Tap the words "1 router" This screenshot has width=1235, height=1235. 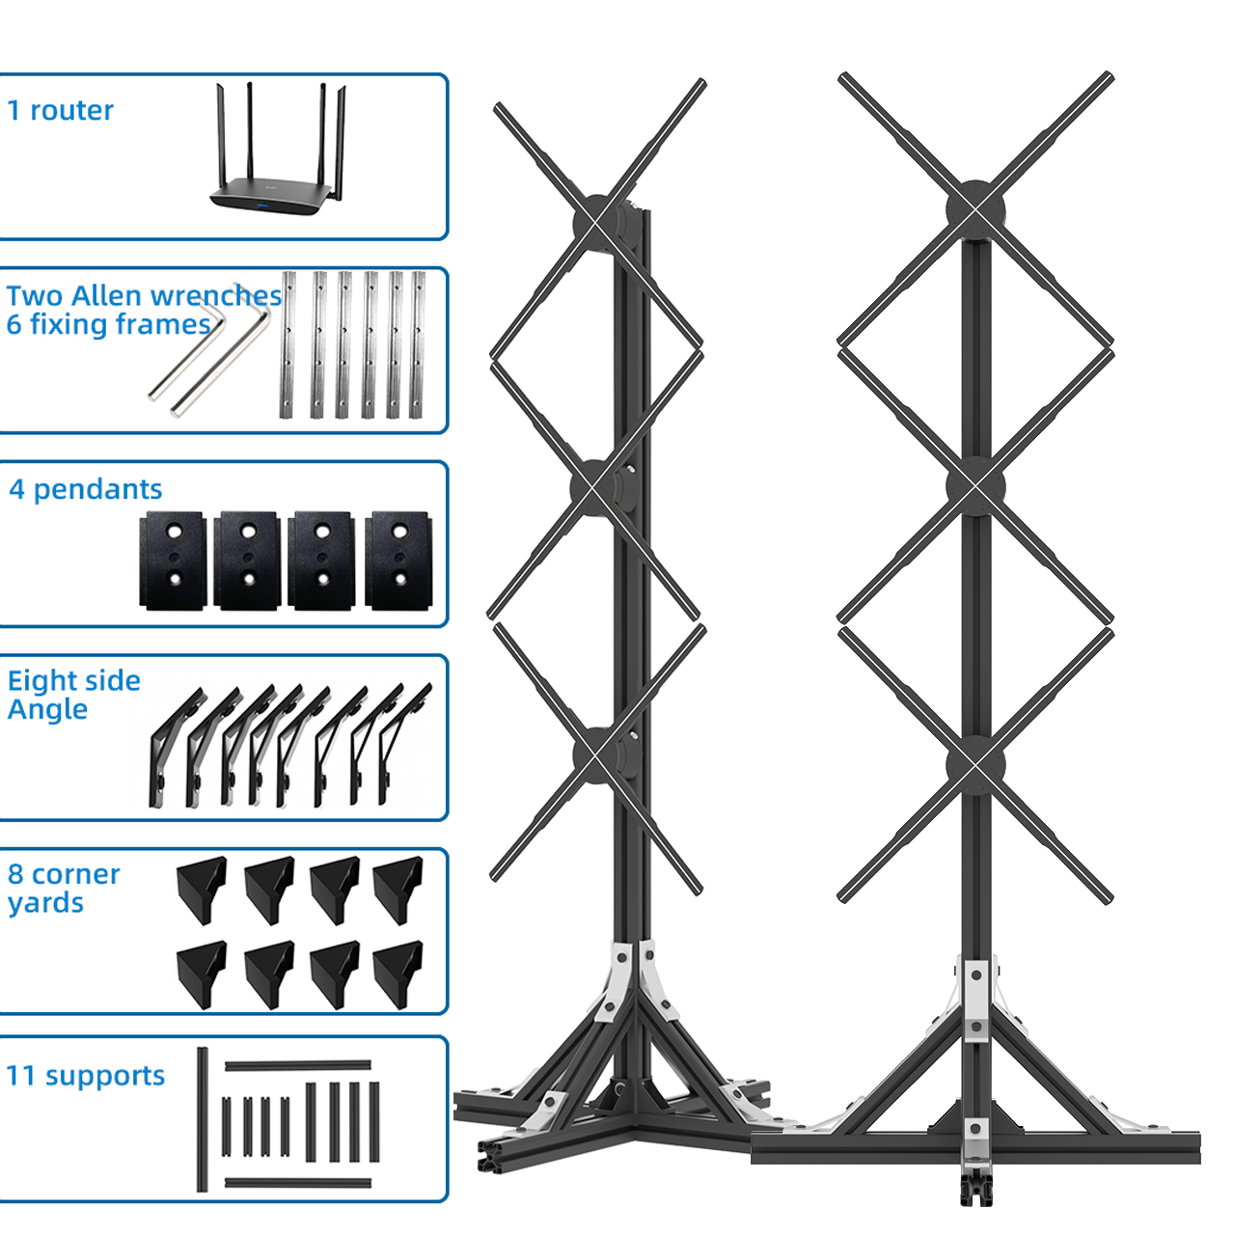click(x=60, y=110)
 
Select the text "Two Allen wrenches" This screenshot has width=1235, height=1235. click(x=144, y=296)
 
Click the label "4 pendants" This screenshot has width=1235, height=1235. click(x=85, y=489)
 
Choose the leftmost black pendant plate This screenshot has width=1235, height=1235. click(x=173, y=561)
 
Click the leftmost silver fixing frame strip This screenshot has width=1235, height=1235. click(x=288, y=344)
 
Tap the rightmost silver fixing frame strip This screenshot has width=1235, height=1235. click(x=417, y=344)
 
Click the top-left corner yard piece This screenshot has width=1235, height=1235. click(x=202, y=891)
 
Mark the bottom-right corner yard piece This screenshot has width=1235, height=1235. click(x=398, y=974)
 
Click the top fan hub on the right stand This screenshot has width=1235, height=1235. click(x=975, y=209)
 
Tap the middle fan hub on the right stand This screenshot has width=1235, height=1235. click(x=975, y=486)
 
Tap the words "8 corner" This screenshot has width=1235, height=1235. click(x=64, y=875)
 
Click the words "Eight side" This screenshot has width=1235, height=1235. click(x=73, y=681)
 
